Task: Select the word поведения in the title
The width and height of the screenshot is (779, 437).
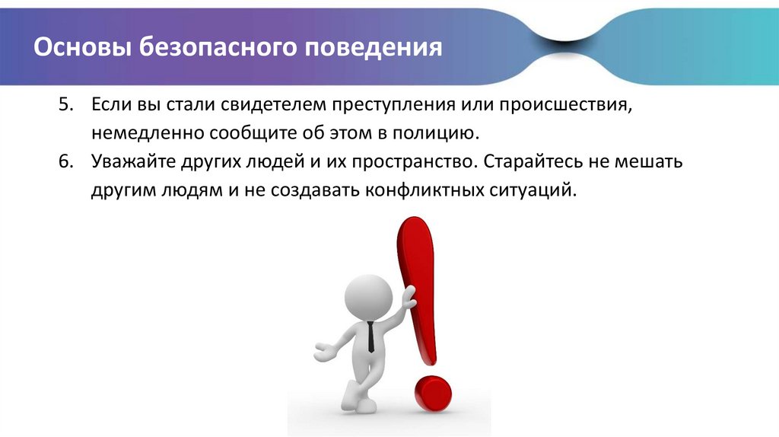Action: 373,48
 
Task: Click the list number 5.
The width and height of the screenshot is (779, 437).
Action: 65,104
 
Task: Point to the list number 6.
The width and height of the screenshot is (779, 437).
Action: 65,161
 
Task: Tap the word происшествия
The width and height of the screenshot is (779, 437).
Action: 566,106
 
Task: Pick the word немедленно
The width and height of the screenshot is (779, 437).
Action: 148,134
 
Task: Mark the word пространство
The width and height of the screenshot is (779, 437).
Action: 414,163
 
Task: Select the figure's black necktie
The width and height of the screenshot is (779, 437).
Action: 371,337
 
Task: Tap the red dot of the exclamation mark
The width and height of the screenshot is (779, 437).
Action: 433,394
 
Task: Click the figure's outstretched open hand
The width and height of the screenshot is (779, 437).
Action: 324,352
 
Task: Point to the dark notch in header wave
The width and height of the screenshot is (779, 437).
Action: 565,43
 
